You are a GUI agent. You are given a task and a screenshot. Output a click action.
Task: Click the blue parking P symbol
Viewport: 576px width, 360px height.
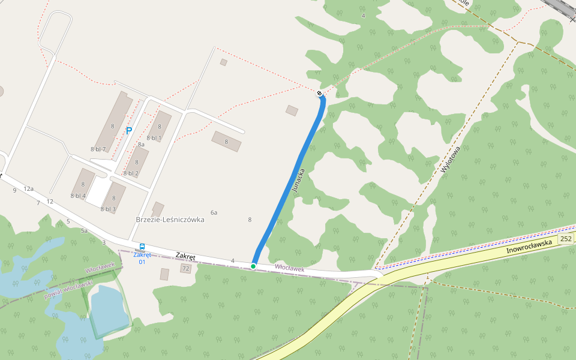[128, 130]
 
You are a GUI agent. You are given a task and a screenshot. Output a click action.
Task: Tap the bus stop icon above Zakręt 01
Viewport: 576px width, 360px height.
[142, 247]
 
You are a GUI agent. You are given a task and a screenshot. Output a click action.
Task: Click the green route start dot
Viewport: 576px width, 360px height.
[253, 266]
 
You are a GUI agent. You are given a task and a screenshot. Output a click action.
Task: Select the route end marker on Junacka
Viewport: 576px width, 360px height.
[319, 93]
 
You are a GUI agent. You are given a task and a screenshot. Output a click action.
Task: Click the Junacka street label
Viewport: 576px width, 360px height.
[298, 180]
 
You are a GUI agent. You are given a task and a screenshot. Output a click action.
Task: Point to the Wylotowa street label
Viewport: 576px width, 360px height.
[449, 160]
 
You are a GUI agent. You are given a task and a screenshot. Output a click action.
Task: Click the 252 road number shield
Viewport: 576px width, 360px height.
[565, 239]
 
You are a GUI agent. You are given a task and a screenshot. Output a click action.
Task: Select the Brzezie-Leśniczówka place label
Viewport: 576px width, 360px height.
[170, 220]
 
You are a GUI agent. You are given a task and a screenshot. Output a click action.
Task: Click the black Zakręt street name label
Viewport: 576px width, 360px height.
[186, 256]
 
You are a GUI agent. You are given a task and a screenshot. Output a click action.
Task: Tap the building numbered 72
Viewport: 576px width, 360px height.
[185, 269]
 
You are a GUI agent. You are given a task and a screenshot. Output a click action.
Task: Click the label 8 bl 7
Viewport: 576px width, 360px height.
[98, 149]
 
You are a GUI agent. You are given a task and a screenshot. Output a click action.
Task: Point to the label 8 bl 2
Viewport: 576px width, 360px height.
[131, 173]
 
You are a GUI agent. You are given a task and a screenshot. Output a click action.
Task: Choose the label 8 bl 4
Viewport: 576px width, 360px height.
[78, 196]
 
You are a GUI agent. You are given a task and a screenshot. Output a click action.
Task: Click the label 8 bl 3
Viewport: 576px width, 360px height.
[108, 209]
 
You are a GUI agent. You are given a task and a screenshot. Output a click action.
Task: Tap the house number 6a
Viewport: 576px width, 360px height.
[214, 212]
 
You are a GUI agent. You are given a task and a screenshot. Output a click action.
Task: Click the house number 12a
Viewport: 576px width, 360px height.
[28, 188]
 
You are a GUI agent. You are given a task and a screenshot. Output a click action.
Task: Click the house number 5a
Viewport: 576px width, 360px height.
[85, 230]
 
